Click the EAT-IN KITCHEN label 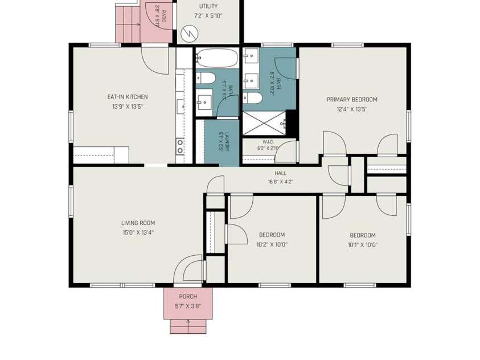(128, 97)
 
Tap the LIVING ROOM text (138, 223)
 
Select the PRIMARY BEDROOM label (352, 100)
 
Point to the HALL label (280, 173)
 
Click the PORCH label (188, 297)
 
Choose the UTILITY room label (208, 6)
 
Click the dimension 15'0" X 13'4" (138, 232)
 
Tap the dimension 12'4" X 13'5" (352, 109)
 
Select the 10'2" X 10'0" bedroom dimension (272, 244)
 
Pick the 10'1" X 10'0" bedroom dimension (363, 245)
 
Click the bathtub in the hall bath (217, 58)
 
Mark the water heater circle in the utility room (189, 34)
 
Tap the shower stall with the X (264, 123)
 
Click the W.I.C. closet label (268, 142)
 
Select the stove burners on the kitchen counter (180, 146)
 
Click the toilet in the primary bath (253, 99)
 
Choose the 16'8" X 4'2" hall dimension (280, 182)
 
